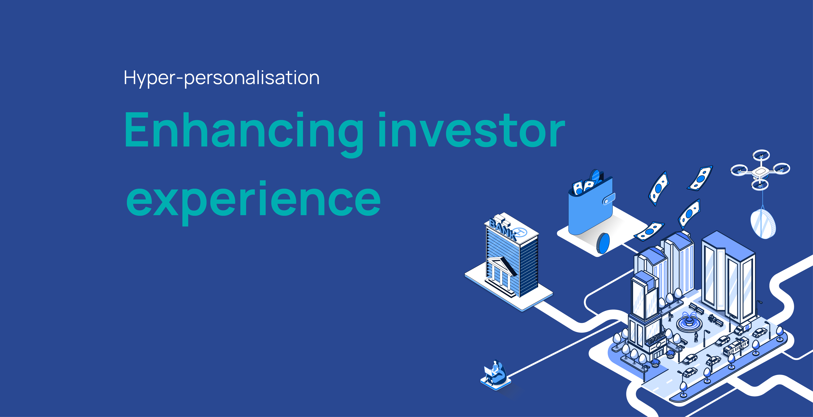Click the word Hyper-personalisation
pos(222,78)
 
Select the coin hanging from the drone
pos(763,224)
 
